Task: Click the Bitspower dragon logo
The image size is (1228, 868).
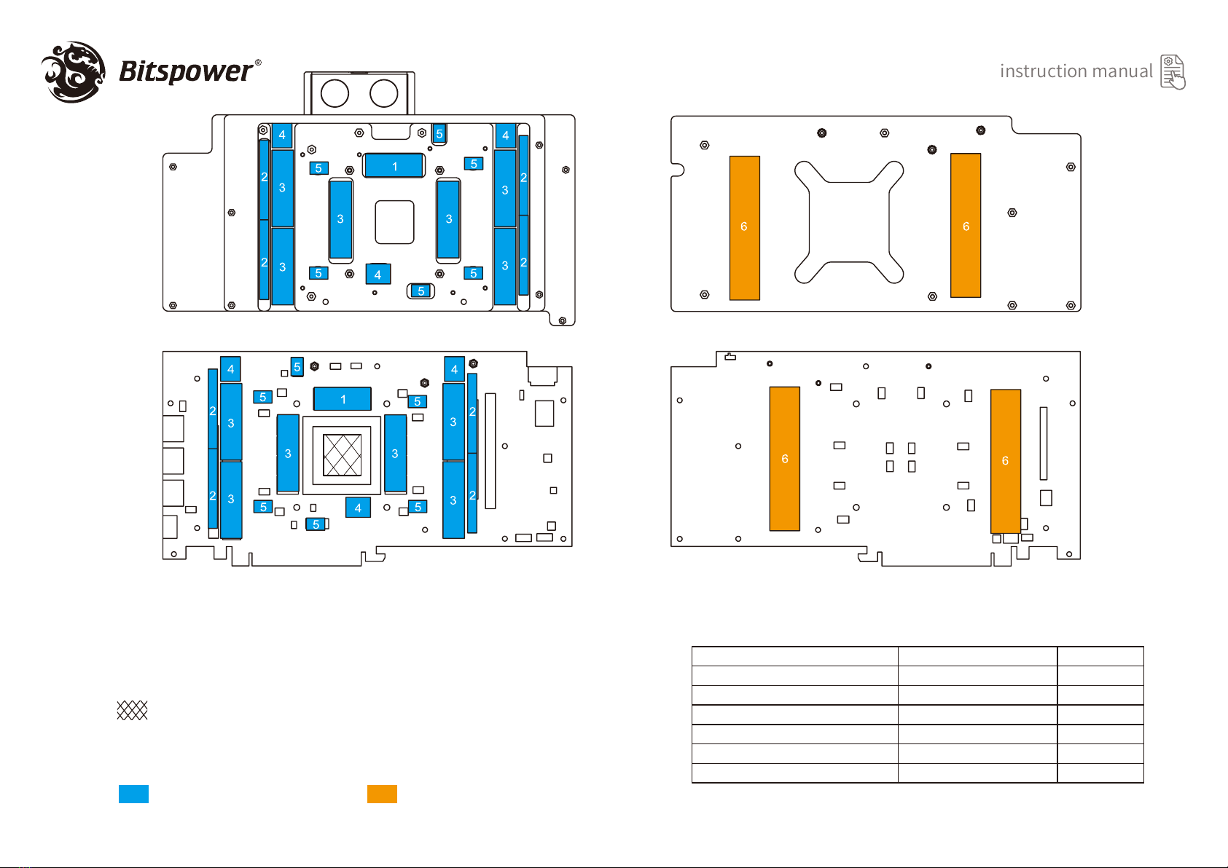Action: [73, 71]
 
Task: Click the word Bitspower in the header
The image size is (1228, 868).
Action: [185, 71]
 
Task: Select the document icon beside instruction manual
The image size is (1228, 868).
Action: [1173, 72]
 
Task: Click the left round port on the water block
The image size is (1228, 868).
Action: [335, 93]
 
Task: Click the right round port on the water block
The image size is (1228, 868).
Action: [383, 93]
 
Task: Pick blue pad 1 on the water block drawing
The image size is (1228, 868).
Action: [394, 166]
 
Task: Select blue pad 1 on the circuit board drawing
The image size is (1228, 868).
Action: [343, 399]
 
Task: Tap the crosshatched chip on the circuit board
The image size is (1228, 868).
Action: [342, 455]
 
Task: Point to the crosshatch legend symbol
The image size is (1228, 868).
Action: [133, 710]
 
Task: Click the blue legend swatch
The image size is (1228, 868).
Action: [133, 794]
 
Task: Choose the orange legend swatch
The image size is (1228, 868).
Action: [382, 794]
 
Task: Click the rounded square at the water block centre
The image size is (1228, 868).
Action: [394, 222]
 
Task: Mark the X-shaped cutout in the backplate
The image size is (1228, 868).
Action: [849, 221]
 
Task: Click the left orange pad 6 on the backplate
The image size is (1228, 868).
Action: [744, 227]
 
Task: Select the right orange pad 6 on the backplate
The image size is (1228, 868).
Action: [966, 226]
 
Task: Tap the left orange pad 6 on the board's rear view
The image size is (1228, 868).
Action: [785, 459]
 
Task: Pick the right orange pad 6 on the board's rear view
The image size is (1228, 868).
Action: [1005, 461]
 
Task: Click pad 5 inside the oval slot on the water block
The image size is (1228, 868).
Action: [421, 291]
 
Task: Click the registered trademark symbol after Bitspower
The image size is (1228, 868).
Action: [258, 63]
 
